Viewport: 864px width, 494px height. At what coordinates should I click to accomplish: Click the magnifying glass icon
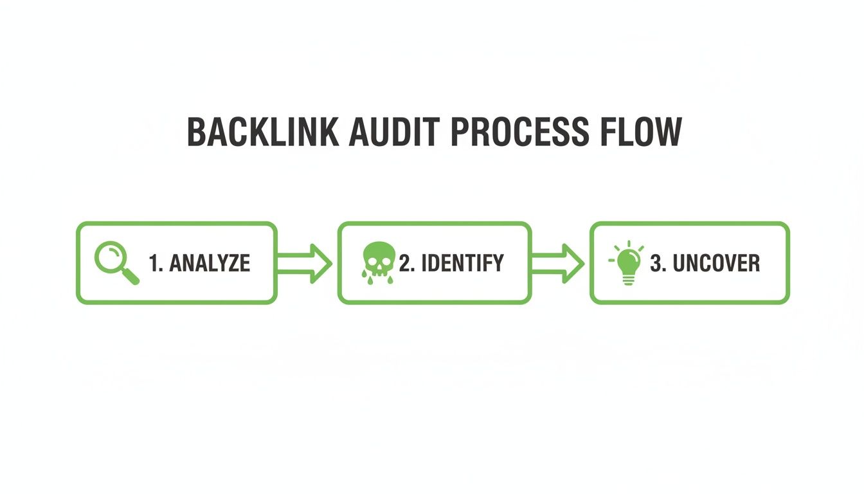point(116,263)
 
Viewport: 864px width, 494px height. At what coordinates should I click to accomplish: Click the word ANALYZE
point(210,263)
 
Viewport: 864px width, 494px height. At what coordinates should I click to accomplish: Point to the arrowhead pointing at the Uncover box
point(573,263)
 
